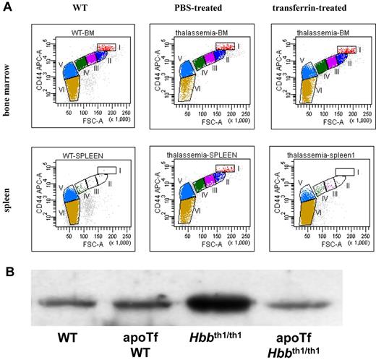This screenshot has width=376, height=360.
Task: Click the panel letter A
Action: tap(7, 9)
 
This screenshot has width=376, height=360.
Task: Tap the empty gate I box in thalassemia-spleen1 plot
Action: tap(344, 171)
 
